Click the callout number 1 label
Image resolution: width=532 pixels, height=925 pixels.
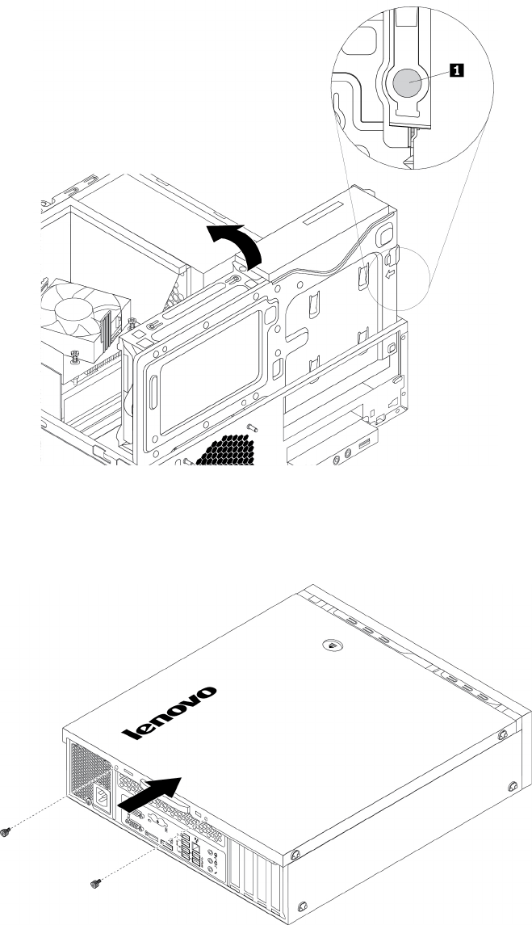pos(458,72)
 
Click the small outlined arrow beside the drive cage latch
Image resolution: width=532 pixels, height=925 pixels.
pos(391,274)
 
